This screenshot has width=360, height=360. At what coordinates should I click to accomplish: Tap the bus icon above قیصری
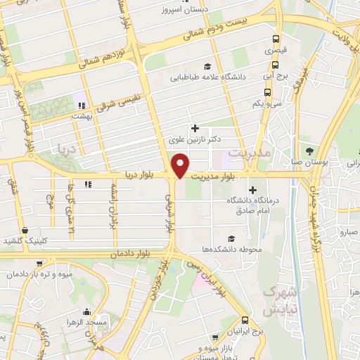[x=276, y=39]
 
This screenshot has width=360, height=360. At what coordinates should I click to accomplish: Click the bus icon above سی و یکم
[x=267, y=91]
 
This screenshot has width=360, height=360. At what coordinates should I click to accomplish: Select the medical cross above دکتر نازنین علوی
[x=195, y=129]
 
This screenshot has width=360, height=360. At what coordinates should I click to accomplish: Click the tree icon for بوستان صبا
[x=310, y=150]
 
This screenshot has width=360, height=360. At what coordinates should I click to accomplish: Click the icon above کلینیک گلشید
[x=25, y=230]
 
